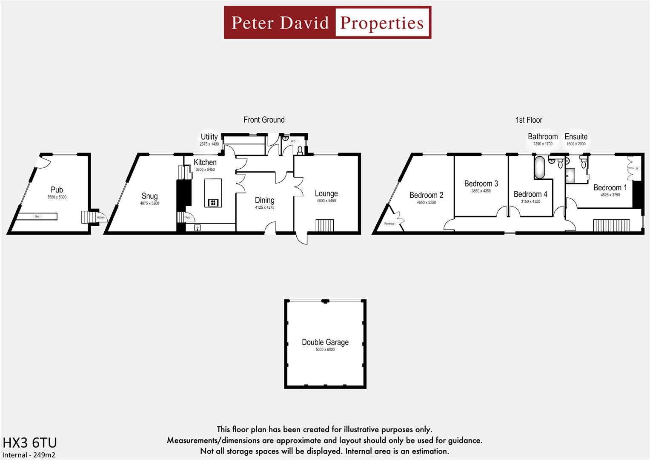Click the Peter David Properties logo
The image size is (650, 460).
[327, 23]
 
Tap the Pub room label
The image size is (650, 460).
[57, 190]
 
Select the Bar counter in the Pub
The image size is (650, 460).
[37, 217]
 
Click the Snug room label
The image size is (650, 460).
[149, 196]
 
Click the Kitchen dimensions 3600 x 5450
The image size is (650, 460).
[205, 170]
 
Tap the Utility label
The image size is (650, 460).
[209, 137]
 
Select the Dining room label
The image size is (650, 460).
[264, 200]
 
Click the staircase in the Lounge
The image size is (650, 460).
[324, 225]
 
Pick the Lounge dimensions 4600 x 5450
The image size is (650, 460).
[326, 201]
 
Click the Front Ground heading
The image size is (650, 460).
[264, 120]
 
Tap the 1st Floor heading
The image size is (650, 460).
[529, 120]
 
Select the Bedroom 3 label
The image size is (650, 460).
[481, 184]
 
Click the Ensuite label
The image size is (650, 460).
[576, 137]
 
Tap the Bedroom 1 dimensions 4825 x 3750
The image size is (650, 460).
[610, 195]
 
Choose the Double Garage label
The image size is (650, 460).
[325, 342]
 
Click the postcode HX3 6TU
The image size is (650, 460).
[29, 443]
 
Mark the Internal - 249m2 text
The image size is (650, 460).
[29, 455]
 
